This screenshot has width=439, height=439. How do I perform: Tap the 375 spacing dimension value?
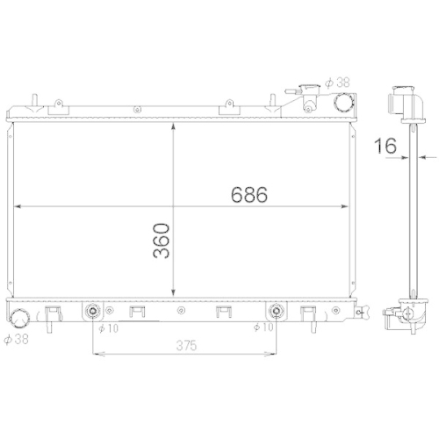[x=181, y=346]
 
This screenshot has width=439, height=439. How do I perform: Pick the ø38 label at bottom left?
[x=16, y=337]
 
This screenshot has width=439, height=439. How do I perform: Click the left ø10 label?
[x=108, y=328]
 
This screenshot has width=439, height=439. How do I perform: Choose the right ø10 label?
[x=262, y=328]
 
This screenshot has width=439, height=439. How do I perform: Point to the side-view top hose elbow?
[x=403, y=104]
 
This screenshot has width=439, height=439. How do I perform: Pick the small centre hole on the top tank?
[x=137, y=109]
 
